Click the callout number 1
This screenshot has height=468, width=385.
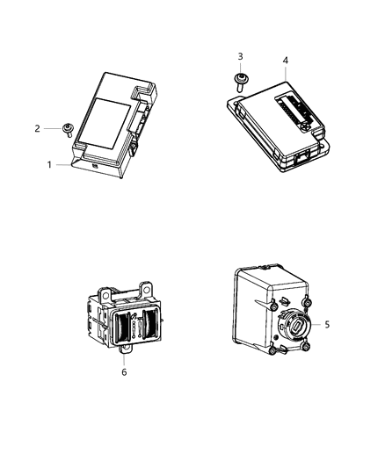pos(49,163)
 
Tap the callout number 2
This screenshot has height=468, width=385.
pos(38,129)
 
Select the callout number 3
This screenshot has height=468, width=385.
pos(240,57)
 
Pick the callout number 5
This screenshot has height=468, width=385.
pos(326,324)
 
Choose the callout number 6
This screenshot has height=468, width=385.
pos(124,371)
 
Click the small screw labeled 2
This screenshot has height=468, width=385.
pos(67,132)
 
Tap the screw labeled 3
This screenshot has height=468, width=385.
pos(241,81)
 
